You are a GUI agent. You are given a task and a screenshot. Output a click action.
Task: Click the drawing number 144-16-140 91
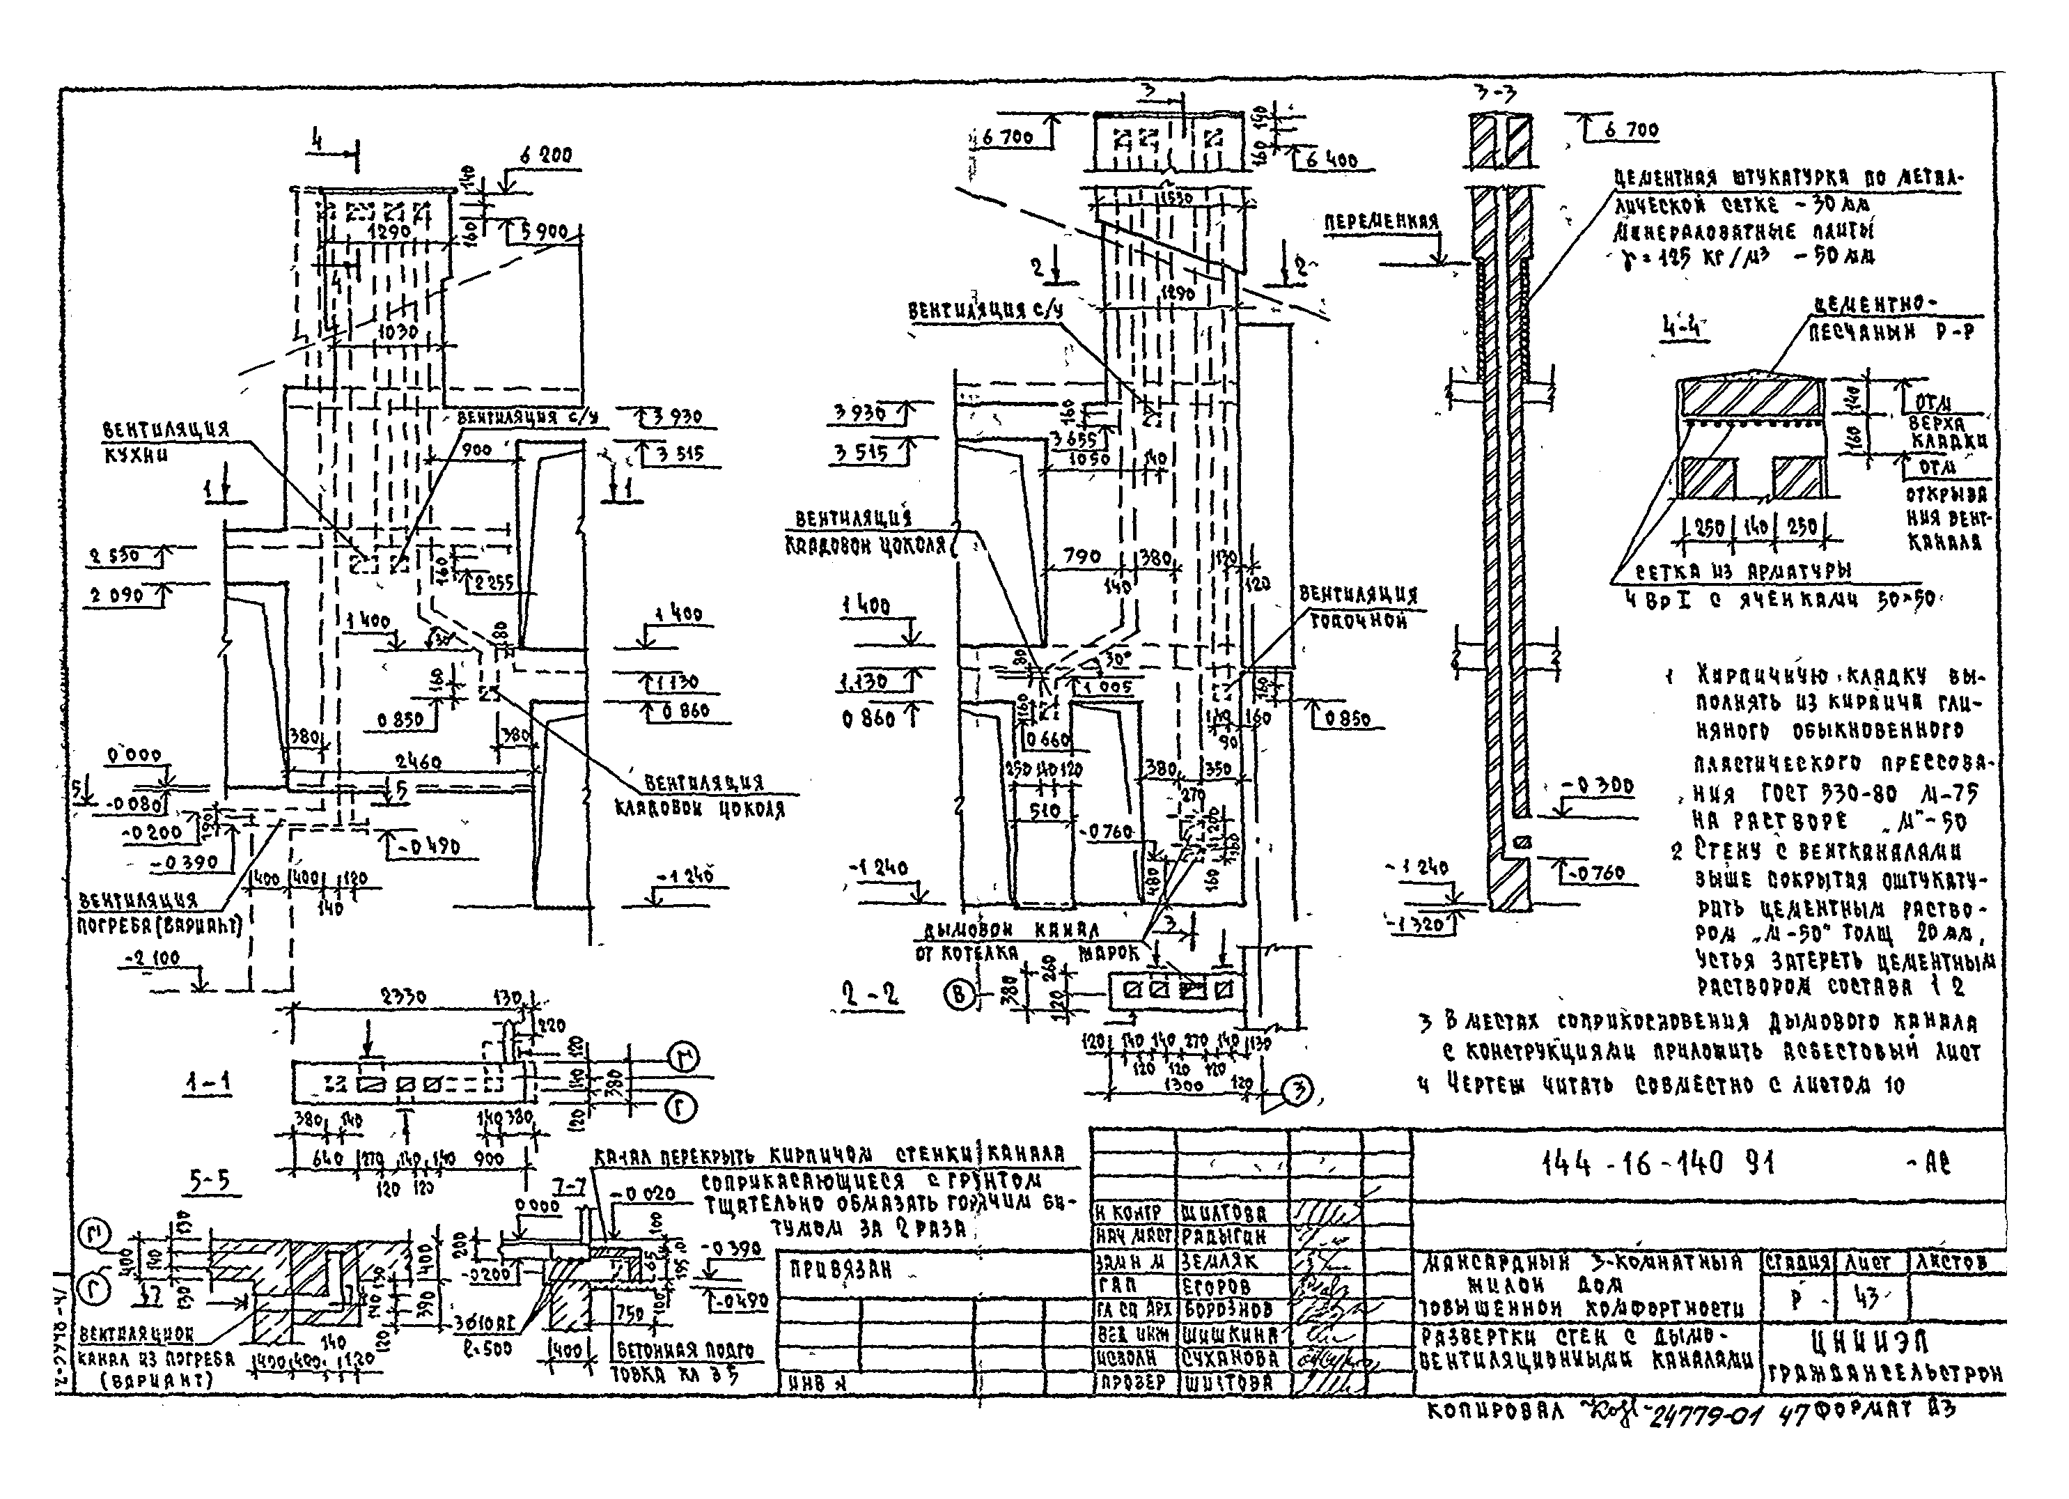click(x=1657, y=1163)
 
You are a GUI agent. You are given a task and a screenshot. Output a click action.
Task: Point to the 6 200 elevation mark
click(x=545, y=155)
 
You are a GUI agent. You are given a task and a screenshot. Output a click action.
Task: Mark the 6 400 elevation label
click(x=1330, y=161)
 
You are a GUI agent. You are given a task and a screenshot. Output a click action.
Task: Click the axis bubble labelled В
click(x=958, y=995)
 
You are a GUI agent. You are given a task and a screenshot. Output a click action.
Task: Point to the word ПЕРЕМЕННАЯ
click(x=1380, y=222)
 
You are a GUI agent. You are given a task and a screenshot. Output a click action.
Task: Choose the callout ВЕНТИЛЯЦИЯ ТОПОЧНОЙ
click(x=1359, y=607)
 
